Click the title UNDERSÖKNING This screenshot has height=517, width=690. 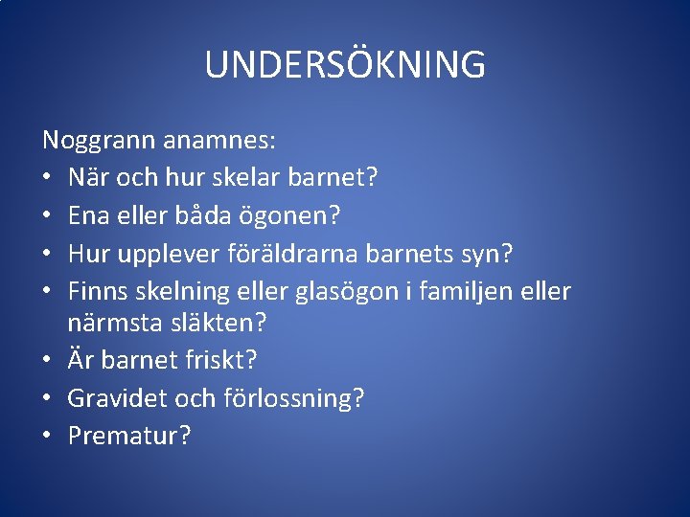pos(345,65)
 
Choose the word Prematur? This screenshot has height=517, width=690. pos(129,435)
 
